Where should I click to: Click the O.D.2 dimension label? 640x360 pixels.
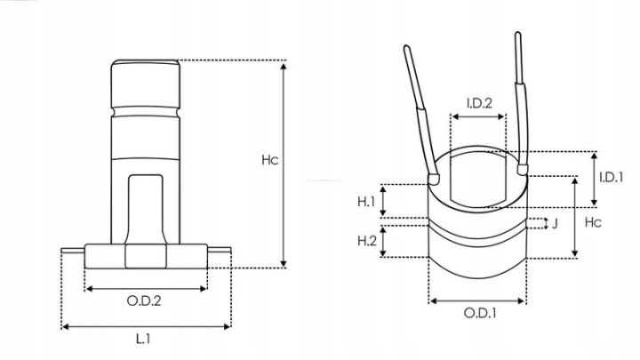(x=144, y=301)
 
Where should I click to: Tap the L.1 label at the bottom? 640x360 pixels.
(x=143, y=339)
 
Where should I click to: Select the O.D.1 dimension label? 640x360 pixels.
(x=480, y=313)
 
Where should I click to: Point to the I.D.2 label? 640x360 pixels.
(x=479, y=103)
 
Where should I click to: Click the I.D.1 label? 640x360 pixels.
(x=611, y=177)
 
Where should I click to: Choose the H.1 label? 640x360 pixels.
(x=366, y=202)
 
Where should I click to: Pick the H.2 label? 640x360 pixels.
(x=367, y=241)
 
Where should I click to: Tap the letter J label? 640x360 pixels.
(x=555, y=224)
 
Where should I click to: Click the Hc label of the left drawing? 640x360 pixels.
(x=270, y=160)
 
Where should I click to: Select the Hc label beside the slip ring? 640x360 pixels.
(x=593, y=222)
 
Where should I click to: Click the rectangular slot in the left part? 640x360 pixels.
(x=146, y=209)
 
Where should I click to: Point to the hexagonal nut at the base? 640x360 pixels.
(x=146, y=256)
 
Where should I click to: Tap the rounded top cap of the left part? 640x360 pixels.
(x=146, y=84)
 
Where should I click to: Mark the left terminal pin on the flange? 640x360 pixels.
(x=73, y=250)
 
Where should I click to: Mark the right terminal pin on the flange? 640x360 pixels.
(x=220, y=250)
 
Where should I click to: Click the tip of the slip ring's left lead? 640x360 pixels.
(x=406, y=47)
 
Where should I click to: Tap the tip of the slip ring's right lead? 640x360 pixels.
(x=517, y=34)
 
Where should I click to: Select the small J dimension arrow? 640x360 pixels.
(x=547, y=224)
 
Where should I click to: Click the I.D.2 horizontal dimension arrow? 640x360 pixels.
(x=478, y=116)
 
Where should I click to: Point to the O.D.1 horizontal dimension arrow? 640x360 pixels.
(x=477, y=301)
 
